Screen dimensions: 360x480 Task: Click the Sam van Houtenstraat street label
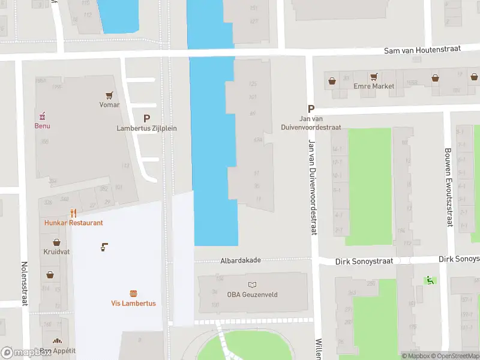click(x=422, y=49)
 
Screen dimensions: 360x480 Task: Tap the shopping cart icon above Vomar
click(x=109, y=95)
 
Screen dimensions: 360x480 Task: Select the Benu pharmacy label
click(x=42, y=126)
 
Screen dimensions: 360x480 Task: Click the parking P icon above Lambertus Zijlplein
click(x=146, y=119)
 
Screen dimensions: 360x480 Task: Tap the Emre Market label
click(x=374, y=86)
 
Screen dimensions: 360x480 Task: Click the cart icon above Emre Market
click(x=374, y=77)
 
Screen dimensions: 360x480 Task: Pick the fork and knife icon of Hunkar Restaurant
click(x=73, y=213)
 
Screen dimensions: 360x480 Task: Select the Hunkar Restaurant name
click(x=73, y=223)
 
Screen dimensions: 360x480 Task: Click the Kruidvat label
click(x=56, y=252)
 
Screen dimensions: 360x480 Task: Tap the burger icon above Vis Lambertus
click(x=133, y=293)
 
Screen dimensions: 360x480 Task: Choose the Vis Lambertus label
click(x=133, y=303)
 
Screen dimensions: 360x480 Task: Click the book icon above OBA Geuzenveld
click(x=251, y=284)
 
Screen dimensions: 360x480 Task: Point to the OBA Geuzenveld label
click(x=251, y=294)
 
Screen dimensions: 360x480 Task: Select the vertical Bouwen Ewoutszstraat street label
click(x=448, y=187)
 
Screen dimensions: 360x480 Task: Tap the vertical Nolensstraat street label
click(x=25, y=283)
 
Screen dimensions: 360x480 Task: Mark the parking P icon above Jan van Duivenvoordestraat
click(x=311, y=109)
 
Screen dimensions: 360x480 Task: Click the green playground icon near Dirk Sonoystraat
click(x=429, y=280)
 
